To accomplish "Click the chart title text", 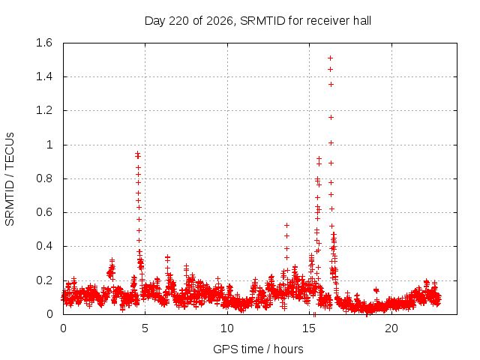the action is [x=258, y=21].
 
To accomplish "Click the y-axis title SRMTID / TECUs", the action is [x=10, y=179].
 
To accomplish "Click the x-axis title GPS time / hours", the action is [x=258, y=349].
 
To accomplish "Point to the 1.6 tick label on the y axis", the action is [x=44, y=43].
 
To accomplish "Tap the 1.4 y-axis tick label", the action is [x=44, y=76].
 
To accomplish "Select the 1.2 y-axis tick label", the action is [x=44, y=110].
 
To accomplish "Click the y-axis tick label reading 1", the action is [x=49, y=145].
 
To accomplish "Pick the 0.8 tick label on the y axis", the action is [x=44, y=178].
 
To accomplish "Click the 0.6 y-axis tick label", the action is [x=44, y=212].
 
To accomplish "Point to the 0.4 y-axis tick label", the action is [x=44, y=246].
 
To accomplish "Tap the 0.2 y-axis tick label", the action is [x=44, y=280].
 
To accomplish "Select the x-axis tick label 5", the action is [x=145, y=328].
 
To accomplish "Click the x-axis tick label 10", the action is [x=227, y=328].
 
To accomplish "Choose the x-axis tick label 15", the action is [x=309, y=328].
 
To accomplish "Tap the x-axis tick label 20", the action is [x=391, y=328].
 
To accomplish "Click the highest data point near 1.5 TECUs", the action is [x=330, y=58].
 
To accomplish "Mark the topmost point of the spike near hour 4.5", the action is [x=138, y=153].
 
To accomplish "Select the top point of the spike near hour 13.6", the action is [x=286, y=226].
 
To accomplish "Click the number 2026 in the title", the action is [x=220, y=21].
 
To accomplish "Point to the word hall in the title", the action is [x=362, y=21].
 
